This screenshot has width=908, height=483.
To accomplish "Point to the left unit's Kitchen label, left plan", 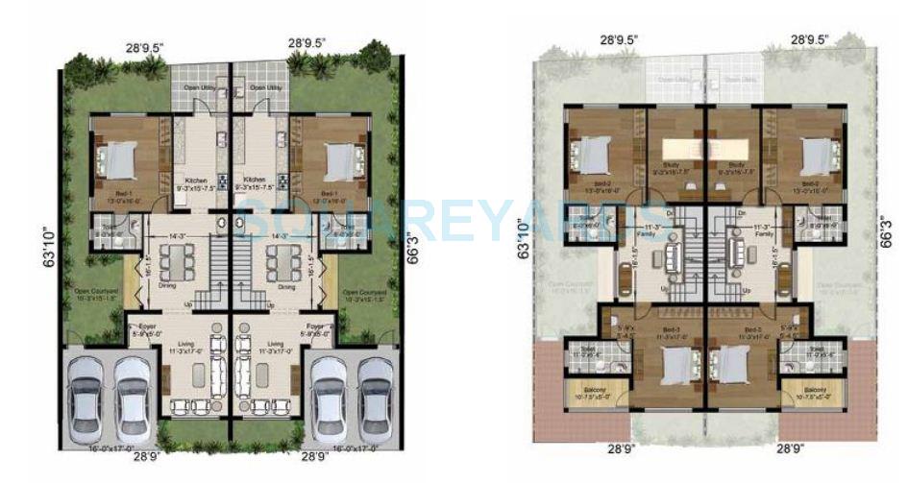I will [x=197, y=179].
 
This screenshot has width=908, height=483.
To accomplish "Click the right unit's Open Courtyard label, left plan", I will [x=364, y=292].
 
